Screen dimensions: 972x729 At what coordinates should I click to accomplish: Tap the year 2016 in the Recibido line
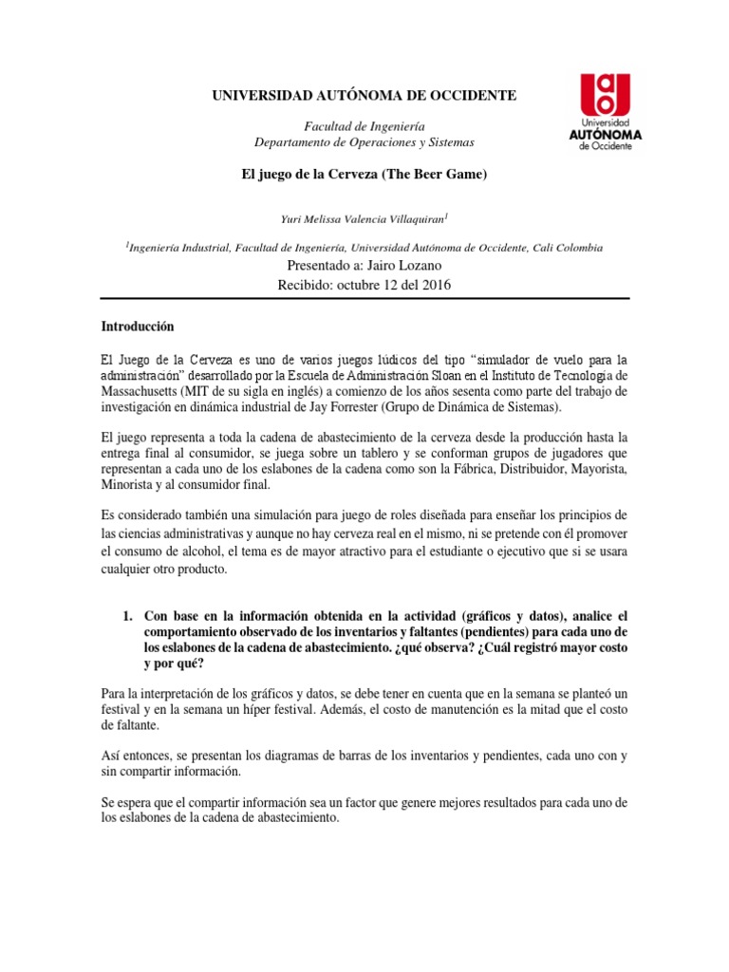point(434,284)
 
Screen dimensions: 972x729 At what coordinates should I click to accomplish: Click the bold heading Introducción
point(139,326)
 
